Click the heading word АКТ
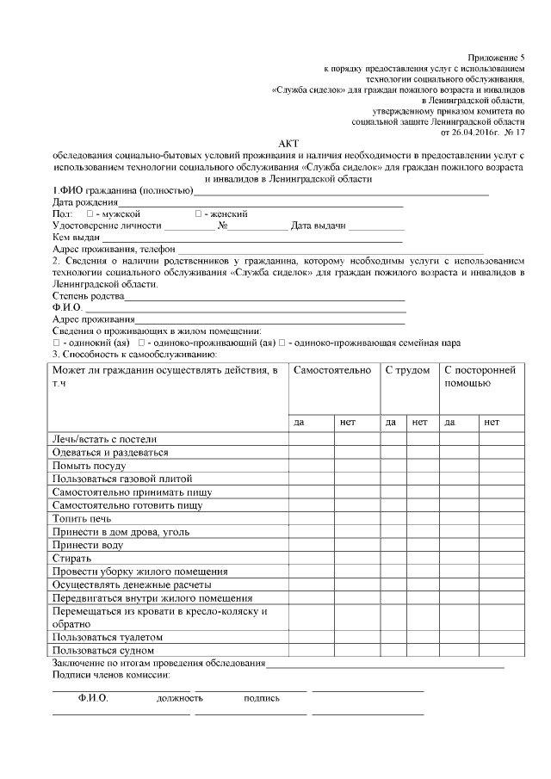287,143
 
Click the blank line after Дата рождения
250,205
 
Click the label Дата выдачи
318,226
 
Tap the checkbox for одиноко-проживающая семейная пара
282,343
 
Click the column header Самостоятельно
332,370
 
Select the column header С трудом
407,370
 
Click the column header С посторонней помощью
480,376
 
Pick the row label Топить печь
82,518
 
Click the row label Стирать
71,558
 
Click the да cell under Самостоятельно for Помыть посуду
311,466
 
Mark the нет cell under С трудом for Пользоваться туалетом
420,637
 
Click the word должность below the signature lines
179,698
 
